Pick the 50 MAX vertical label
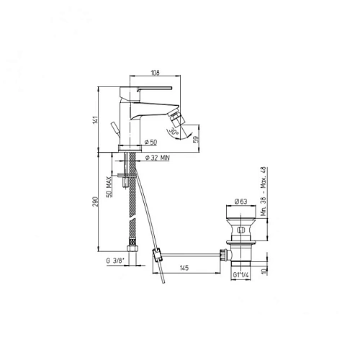click(x=108, y=184)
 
